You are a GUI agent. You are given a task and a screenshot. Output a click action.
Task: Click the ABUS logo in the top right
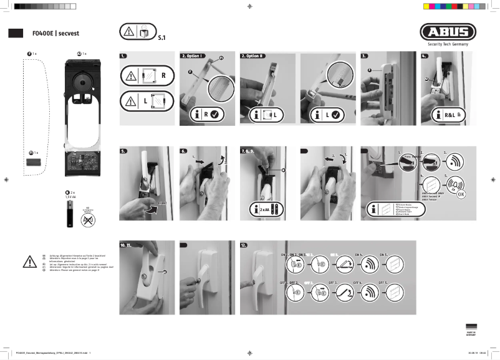pyautogui.click(x=448, y=32)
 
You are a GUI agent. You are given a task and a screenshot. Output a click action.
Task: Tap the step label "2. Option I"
pyautogui.click(x=193, y=56)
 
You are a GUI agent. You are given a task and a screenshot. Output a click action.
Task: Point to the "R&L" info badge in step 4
pyautogui.click(x=446, y=115)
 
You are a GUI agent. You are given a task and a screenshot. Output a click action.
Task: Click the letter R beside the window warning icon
pyautogui.click(x=163, y=75)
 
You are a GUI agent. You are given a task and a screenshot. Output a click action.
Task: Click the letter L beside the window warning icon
pyautogui.click(x=163, y=100)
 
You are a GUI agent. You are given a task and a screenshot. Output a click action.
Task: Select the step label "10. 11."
pyautogui.click(x=128, y=245)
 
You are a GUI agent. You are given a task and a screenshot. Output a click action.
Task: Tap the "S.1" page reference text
pyautogui.click(x=162, y=38)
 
